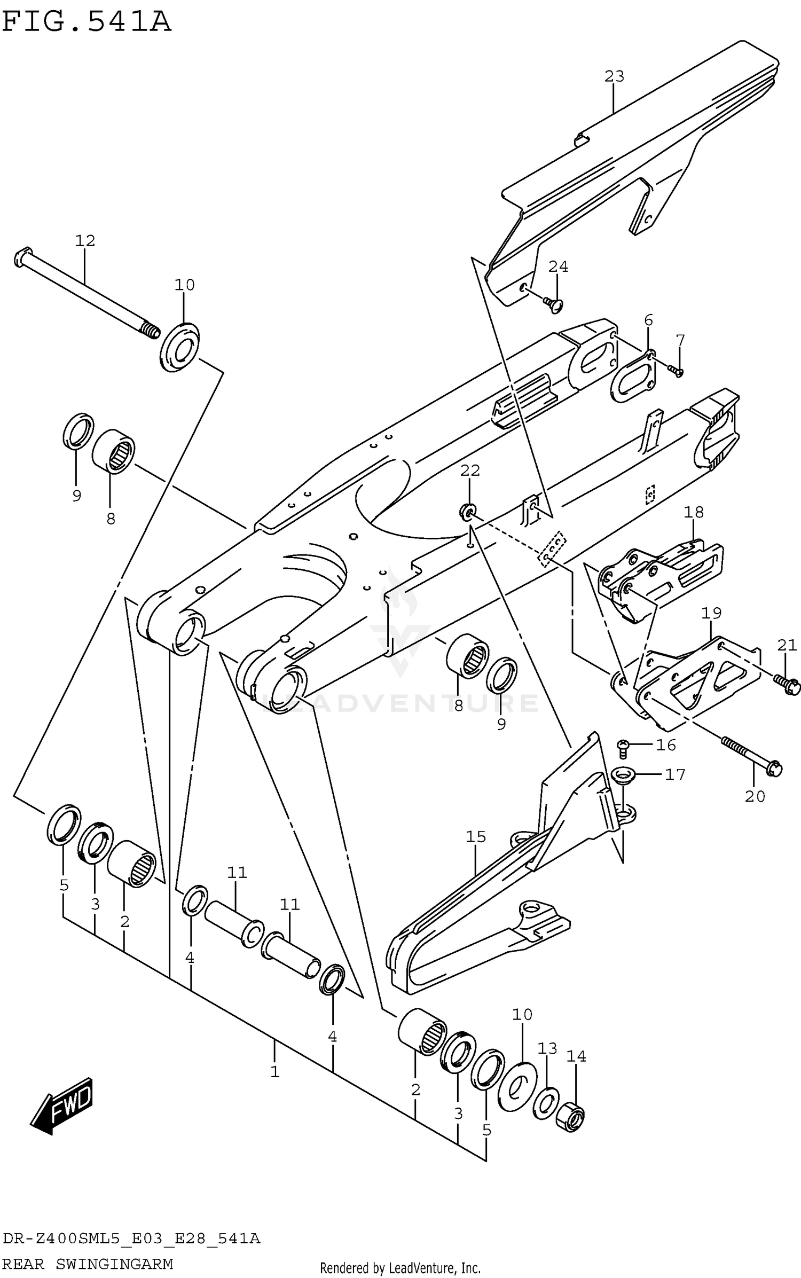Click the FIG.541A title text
(87, 22)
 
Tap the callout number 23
(614, 76)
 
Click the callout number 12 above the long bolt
(85, 241)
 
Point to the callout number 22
(470, 471)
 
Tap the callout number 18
(693, 512)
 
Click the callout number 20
(755, 796)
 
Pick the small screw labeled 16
(623, 746)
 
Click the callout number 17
(674, 774)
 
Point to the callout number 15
(475, 836)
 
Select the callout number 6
(648, 320)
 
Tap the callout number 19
(711, 613)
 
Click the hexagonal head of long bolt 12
(22, 258)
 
